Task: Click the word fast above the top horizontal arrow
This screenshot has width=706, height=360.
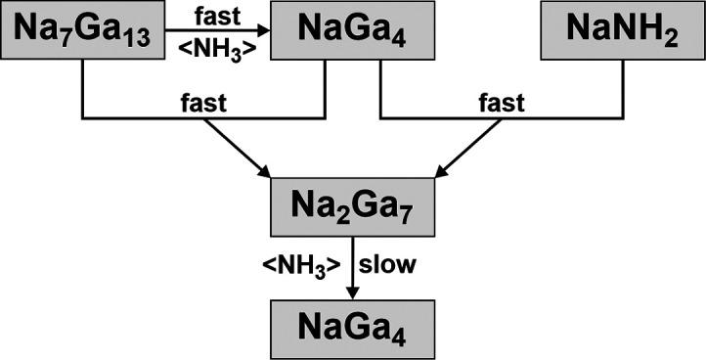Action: coord(218,16)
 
